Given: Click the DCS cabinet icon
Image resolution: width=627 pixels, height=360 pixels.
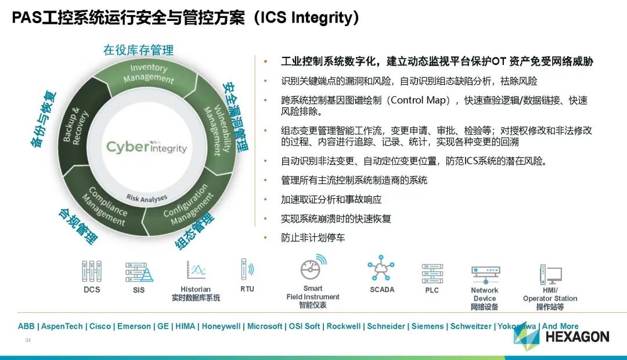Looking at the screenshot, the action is [91, 271].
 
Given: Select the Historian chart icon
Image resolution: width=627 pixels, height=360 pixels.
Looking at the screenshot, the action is [196, 270].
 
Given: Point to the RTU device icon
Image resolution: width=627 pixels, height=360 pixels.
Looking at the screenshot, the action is [247, 269].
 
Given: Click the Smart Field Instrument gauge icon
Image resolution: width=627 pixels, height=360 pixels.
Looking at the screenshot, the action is [313, 268].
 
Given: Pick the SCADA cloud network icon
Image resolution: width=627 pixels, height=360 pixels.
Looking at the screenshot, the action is [381, 269].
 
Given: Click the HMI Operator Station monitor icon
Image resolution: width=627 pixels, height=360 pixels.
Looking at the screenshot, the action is [550, 274].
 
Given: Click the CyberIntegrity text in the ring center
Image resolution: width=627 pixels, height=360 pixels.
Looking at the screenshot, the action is [146, 147].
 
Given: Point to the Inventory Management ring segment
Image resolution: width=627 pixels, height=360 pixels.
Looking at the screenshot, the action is [148, 74].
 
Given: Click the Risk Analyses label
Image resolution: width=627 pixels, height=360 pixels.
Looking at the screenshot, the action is [146, 198].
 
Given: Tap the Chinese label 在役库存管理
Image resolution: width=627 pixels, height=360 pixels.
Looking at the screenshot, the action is [138, 51].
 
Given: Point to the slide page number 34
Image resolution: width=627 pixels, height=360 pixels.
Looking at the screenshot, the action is [27, 340].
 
